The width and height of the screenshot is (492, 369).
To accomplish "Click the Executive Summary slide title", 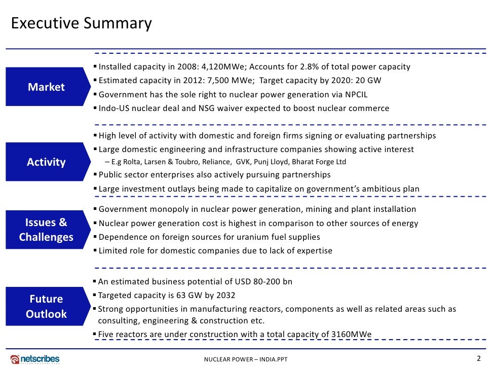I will [x=82, y=24].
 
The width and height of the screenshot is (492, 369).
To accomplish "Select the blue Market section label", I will [x=46, y=87].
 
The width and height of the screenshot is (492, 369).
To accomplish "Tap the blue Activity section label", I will [x=46, y=162].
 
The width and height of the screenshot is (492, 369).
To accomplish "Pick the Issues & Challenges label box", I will [x=46, y=230].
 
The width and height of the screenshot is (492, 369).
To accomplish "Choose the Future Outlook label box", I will [x=46, y=307].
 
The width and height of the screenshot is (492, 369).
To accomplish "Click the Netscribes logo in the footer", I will [x=35, y=359].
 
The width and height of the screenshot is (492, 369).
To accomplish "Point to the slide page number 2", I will [x=478, y=358].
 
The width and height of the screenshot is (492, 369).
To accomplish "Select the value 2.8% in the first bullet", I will [x=320, y=67].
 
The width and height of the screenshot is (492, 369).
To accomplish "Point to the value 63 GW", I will [x=190, y=296].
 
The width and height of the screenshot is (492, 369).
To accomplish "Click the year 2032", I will [x=224, y=296].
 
